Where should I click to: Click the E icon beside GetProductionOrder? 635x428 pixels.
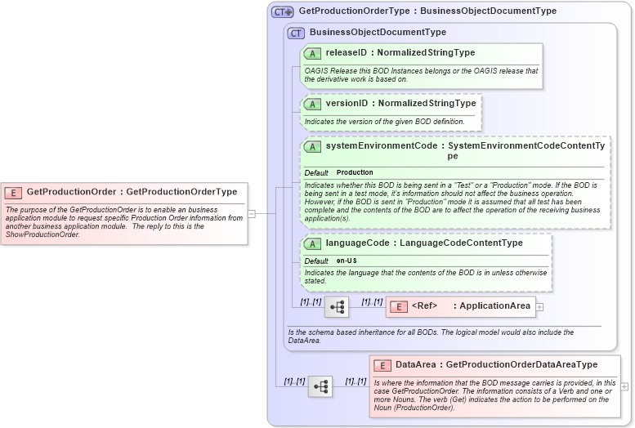coord(13,193)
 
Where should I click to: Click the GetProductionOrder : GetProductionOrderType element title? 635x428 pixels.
coord(132,192)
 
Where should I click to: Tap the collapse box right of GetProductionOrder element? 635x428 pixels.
coord(252,214)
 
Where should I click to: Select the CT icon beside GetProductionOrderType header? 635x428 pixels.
coord(283,11)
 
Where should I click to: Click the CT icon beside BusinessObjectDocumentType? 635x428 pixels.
coord(296,33)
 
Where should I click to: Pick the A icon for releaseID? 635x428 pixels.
coord(312,53)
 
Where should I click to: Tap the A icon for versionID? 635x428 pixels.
coord(312,104)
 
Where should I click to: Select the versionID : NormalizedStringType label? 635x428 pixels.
coord(400,104)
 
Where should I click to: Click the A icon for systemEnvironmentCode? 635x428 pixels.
coord(312,146)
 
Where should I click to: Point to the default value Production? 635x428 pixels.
coord(355,172)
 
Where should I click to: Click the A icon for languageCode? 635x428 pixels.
coord(312,243)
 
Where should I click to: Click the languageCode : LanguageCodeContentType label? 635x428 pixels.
coord(424,243)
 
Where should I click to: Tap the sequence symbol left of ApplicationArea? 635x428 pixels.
coord(337,306)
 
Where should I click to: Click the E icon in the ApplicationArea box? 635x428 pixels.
coord(398,306)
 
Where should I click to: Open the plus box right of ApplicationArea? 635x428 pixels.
coord(539,307)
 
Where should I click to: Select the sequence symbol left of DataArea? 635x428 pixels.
coord(320,386)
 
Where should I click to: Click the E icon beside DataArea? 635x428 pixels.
coord(382,365)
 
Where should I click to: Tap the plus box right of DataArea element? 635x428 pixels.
coord(624,386)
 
